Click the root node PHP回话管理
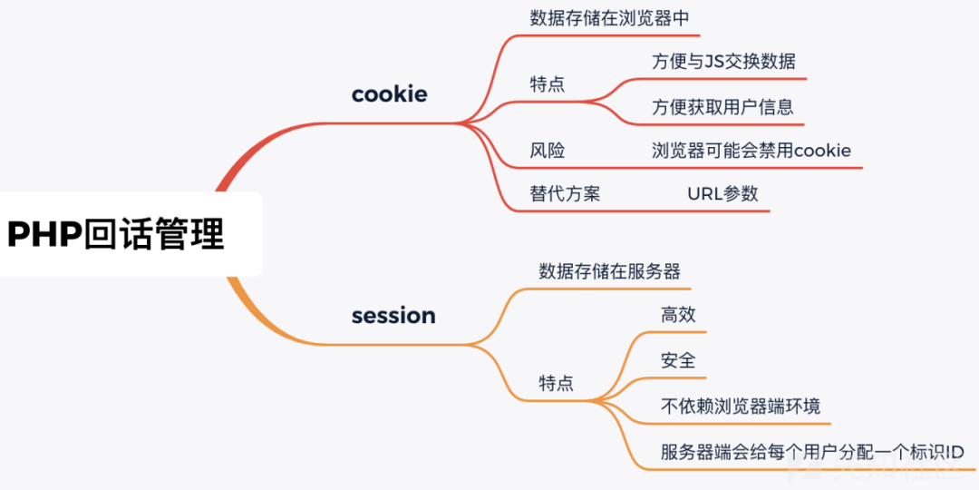click(x=116, y=234)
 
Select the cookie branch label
click(x=389, y=94)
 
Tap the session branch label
click(x=393, y=316)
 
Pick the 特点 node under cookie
click(x=547, y=84)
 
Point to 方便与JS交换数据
click(x=723, y=62)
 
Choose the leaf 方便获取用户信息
click(x=722, y=107)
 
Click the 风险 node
click(x=547, y=151)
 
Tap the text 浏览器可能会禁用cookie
click(x=751, y=151)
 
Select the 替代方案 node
click(x=565, y=194)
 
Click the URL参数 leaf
click(x=722, y=194)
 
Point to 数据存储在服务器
click(x=609, y=271)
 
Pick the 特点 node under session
click(x=556, y=383)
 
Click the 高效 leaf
click(x=678, y=315)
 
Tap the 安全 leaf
click(x=678, y=360)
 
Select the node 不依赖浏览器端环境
click(x=741, y=406)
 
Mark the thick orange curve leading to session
click(x=249, y=314)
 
